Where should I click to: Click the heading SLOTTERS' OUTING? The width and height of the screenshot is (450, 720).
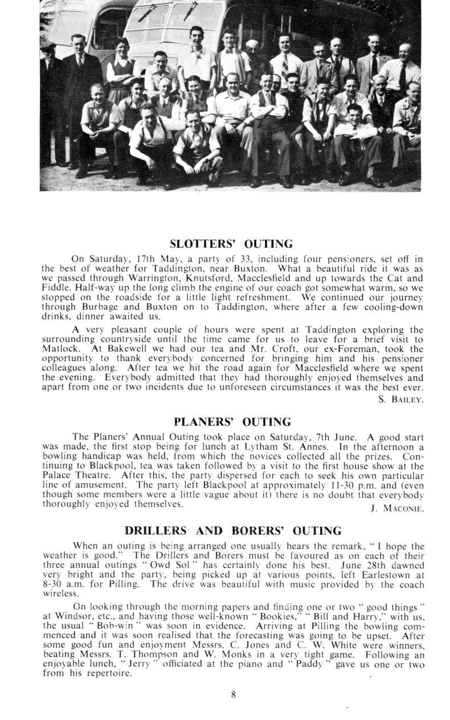(232, 244)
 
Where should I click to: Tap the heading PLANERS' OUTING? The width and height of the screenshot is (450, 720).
(232, 422)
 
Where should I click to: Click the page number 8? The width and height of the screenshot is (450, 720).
(232, 694)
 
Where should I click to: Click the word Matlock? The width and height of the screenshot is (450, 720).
(59, 349)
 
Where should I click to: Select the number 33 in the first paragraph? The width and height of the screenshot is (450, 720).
(212, 260)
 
